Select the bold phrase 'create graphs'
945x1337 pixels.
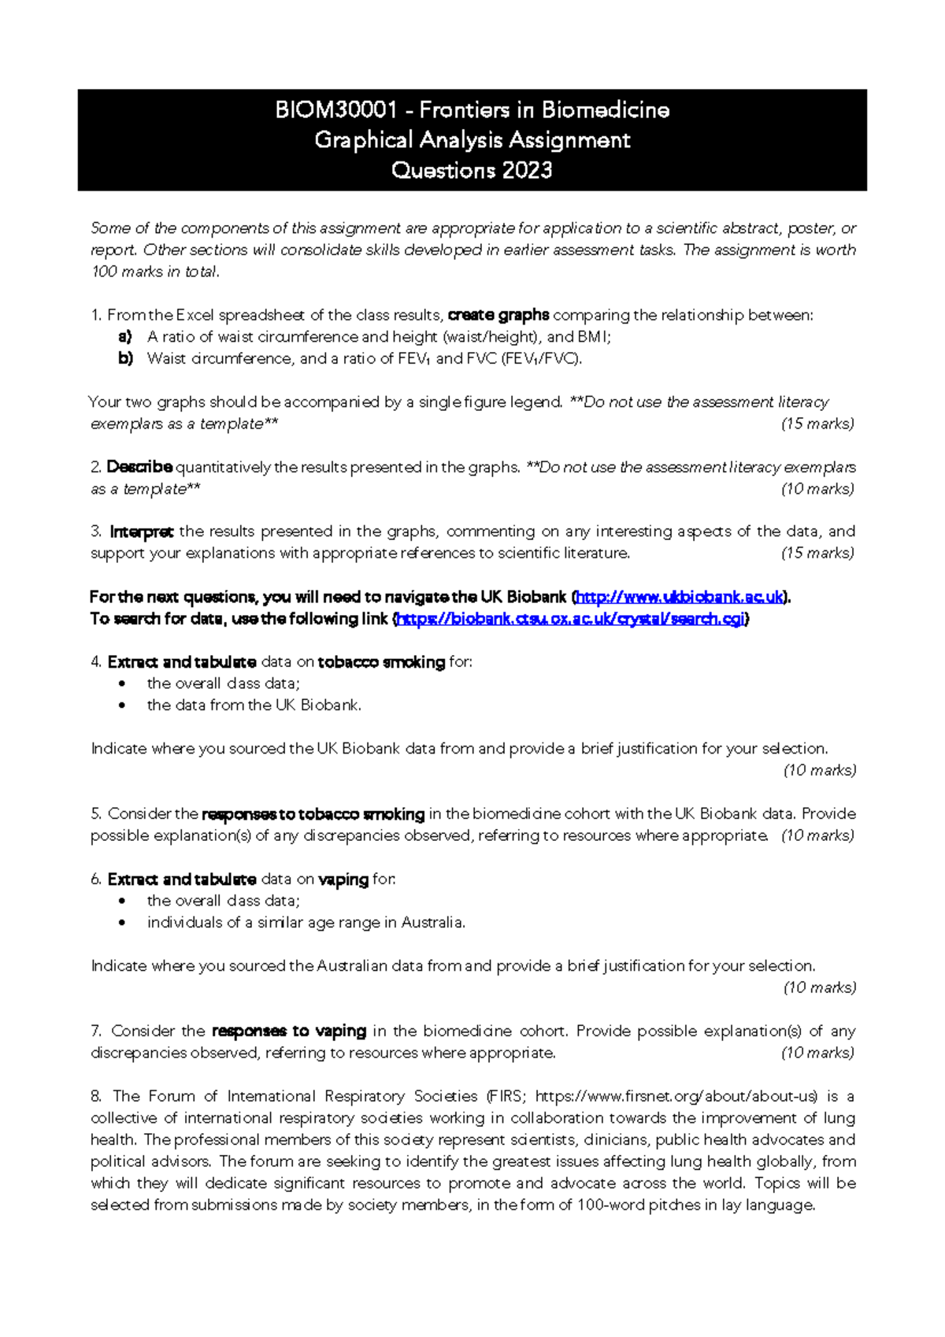coord(498,315)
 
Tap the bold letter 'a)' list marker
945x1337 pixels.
coord(124,337)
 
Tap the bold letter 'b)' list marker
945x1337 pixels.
coord(125,358)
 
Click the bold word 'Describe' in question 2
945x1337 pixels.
coord(139,467)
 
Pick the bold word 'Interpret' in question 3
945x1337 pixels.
coord(142,531)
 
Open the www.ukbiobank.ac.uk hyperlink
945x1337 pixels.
coord(680,597)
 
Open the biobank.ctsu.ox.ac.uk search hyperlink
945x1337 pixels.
coord(570,619)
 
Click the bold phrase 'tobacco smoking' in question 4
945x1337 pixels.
coord(381,662)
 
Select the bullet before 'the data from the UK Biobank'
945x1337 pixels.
coord(122,706)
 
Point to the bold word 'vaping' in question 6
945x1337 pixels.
coord(343,880)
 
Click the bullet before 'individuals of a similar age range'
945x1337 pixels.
coord(122,923)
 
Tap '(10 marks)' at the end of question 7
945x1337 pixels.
coord(817,1053)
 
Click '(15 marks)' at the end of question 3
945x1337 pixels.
coord(817,553)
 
